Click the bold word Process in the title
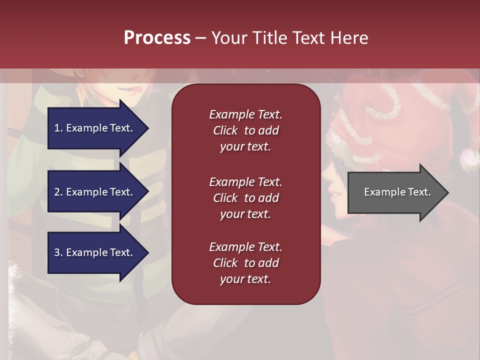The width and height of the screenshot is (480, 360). click(157, 38)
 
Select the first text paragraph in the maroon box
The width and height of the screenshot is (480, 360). click(245, 130)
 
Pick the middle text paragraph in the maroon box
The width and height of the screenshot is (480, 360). click(245, 198)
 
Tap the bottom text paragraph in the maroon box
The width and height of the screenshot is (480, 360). click(245, 263)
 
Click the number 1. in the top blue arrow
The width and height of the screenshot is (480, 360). click(58, 128)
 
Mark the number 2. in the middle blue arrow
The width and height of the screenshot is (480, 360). click(58, 192)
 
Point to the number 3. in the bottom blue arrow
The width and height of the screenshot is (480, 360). click(58, 252)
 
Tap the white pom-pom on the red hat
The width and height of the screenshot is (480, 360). click(469, 159)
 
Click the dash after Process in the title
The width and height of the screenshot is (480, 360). click(200, 38)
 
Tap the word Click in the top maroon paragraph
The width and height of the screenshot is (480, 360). click(225, 130)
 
